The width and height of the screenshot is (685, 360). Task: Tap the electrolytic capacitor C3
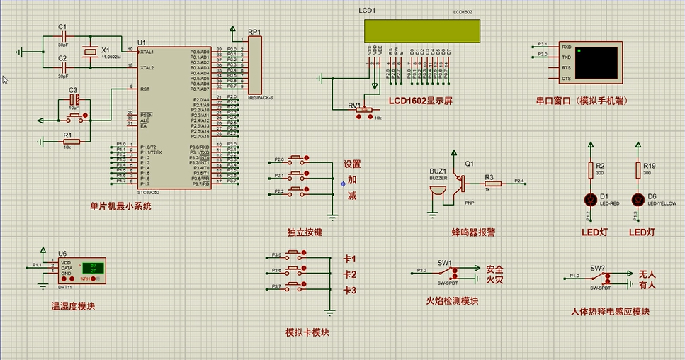(74, 100)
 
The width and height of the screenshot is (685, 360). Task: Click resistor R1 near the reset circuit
(72, 141)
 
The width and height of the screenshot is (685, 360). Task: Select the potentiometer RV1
(362, 108)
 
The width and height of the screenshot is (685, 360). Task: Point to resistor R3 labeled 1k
(492, 183)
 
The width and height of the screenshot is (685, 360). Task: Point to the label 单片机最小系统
(120, 206)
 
